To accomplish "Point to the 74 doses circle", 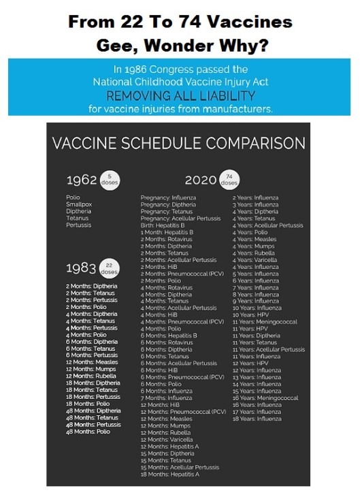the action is click(229, 180).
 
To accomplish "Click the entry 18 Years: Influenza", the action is click(257, 419).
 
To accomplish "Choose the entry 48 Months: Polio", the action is click(88, 432).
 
